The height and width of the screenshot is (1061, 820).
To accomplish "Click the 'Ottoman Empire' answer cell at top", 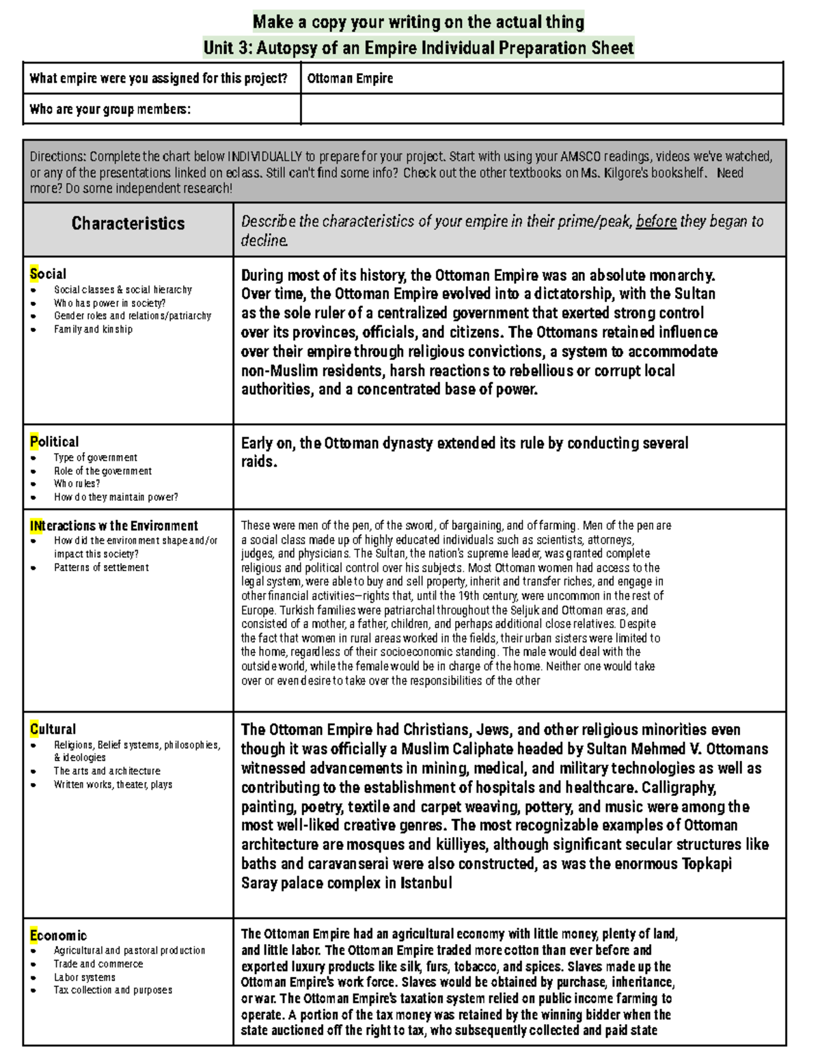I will pyautogui.click(x=350, y=79).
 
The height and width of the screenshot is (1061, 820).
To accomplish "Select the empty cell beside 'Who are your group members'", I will pyautogui.click(x=541, y=109).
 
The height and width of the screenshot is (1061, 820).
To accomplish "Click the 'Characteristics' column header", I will pyautogui.click(x=128, y=223).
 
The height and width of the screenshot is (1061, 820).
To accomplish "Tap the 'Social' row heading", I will pyautogui.click(x=48, y=274).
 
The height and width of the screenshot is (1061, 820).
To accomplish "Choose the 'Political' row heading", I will pyautogui.click(x=54, y=441).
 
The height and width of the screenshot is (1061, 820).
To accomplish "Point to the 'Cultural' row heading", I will pyautogui.click(x=53, y=729).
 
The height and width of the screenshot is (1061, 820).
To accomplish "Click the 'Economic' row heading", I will pyautogui.click(x=58, y=935).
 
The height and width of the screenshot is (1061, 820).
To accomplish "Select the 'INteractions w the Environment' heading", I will pyautogui.click(x=113, y=525).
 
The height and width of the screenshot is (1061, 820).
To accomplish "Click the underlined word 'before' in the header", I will pyautogui.click(x=656, y=221).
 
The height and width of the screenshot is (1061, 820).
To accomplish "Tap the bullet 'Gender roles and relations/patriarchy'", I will pyautogui.click(x=133, y=316).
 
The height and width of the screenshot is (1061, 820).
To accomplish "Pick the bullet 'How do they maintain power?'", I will pyautogui.click(x=115, y=497).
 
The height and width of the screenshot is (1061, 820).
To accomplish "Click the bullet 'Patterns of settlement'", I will pyautogui.click(x=101, y=567).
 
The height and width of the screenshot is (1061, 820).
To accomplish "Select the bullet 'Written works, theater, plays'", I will pyautogui.click(x=113, y=784).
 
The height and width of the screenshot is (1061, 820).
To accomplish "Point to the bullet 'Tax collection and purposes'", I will pyautogui.click(x=113, y=990).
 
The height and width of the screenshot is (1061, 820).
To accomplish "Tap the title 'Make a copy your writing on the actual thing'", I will pyautogui.click(x=418, y=22).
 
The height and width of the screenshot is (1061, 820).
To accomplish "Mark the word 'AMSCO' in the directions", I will pyautogui.click(x=580, y=156).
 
